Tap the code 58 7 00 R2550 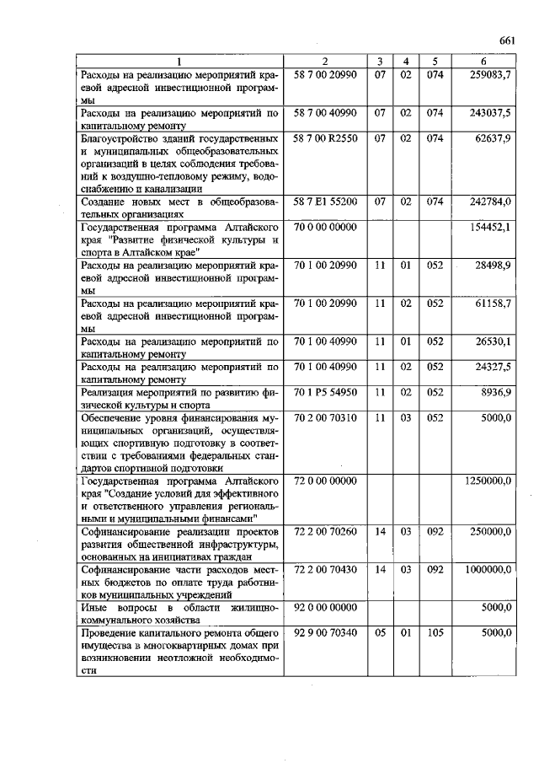(325, 137)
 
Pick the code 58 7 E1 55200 (325, 201)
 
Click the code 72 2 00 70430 (325, 570)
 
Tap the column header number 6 (483, 61)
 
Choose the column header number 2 (325, 61)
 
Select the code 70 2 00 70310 (325, 417)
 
